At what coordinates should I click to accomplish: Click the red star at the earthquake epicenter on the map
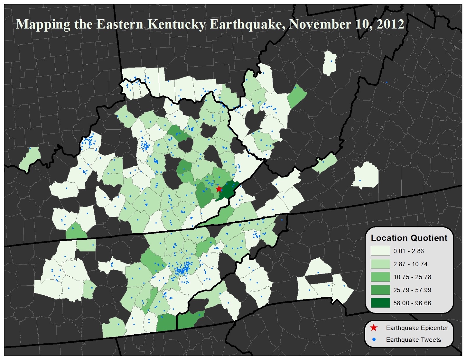pos(219,189)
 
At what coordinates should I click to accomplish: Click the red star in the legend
pos(374,328)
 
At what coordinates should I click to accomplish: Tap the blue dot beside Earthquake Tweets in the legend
pos(374,340)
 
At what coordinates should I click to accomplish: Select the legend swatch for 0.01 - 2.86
pos(380,251)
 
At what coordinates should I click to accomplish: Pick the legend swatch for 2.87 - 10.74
pos(380,264)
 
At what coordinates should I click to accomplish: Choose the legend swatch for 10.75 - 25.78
pos(380,277)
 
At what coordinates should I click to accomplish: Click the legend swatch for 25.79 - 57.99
pos(380,290)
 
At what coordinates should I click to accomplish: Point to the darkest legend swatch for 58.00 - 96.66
pos(380,303)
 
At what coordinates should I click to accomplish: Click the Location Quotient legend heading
pos(409,238)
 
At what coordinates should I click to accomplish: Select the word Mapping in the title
pos(43,24)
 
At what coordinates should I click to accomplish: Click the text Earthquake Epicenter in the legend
pos(417,328)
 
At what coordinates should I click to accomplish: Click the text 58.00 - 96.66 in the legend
pos(412,303)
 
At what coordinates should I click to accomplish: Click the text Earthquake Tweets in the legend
pos(413,340)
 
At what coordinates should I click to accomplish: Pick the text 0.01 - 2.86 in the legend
pos(408,251)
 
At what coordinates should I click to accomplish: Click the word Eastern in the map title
pos(120,24)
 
